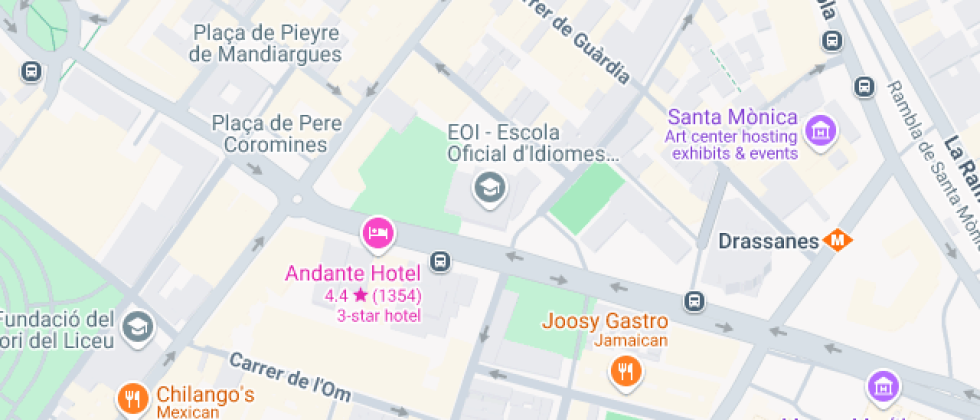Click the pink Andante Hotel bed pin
click(x=378, y=233)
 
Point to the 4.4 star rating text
click(x=373, y=296)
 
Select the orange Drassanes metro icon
click(x=837, y=241)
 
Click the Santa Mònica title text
click(x=732, y=117)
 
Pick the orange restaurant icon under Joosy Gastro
click(x=625, y=372)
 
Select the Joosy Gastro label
click(x=604, y=322)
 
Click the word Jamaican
click(x=604, y=342)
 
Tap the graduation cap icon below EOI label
click(x=489, y=186)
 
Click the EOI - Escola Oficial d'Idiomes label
click(x=531, y=143)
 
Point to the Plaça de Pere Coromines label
click(x=276, y=134)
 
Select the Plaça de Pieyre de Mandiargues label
click(x=266, y=43)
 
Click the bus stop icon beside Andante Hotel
click(x=439, y=262)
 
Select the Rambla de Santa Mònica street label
click(x=930, y=150)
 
